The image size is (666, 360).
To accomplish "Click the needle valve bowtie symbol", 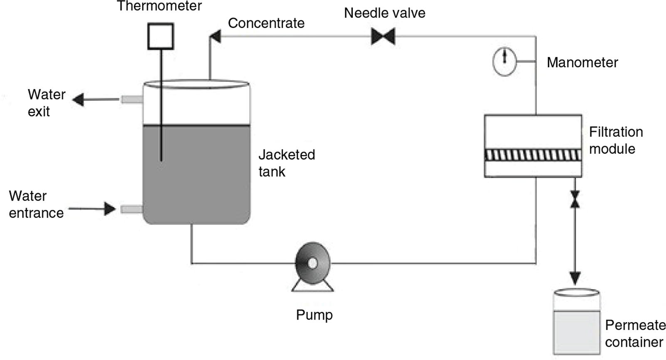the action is (383, 37).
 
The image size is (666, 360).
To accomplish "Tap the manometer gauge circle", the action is (505, 62).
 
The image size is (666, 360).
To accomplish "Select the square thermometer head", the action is (161, 36).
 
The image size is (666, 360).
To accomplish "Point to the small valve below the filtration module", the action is (575, 199).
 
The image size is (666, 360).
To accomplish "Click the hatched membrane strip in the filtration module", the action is (533, 155).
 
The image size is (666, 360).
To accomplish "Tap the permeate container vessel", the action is (576, 322).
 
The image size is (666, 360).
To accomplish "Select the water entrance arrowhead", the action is (110, 209).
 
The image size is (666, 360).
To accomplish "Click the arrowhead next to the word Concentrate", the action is (215, 36).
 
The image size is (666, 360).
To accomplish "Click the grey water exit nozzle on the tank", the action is (132, 99).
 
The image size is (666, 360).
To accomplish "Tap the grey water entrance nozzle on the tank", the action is (132, 209).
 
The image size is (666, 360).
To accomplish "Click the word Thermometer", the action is (160, 6).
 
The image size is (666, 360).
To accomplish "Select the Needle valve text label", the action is (385, 13).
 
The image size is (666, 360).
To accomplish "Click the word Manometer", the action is (582, 62).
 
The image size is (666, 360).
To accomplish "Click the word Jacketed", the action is (287, 155).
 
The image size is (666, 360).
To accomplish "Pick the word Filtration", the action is (616, 132).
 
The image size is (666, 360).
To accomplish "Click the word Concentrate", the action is (266, 23).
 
